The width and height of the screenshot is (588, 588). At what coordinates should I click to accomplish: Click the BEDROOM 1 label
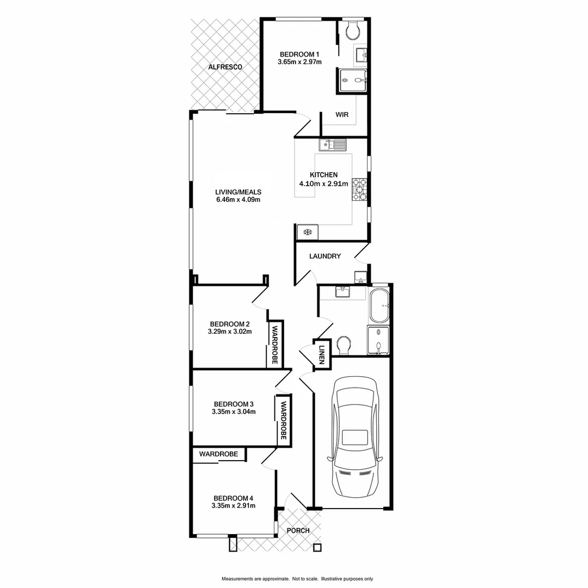coord(299,54)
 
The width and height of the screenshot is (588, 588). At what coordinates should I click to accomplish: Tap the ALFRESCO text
coord(225,67)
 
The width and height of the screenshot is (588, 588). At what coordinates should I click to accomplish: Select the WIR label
coord(342,115)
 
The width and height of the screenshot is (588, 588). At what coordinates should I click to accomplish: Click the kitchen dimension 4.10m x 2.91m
coord(323,183)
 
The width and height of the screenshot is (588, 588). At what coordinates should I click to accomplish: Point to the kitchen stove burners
coord(359,190)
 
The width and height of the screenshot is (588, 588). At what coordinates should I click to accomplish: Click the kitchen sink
coord(333,144)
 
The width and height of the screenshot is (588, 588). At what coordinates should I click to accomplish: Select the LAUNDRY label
coord(324,256)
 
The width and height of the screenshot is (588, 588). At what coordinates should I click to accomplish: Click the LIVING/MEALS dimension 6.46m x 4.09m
coord(238,199)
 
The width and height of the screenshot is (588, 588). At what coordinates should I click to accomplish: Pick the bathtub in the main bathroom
coord(379,306)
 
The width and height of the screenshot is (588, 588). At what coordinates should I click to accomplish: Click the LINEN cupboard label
coord(322,355)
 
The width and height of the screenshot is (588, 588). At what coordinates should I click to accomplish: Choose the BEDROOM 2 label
coord(229,323)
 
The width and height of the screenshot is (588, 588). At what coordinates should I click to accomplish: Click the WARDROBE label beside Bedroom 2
coord(275,345)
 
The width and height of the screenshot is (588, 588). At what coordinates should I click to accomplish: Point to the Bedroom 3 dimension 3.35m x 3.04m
coord(234,412)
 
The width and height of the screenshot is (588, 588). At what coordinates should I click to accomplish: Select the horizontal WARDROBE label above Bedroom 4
coord(218,454)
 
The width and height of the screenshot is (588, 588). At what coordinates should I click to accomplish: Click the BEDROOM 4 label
coord(233,498)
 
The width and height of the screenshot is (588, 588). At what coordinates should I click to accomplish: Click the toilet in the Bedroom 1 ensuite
coord(353,30)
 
